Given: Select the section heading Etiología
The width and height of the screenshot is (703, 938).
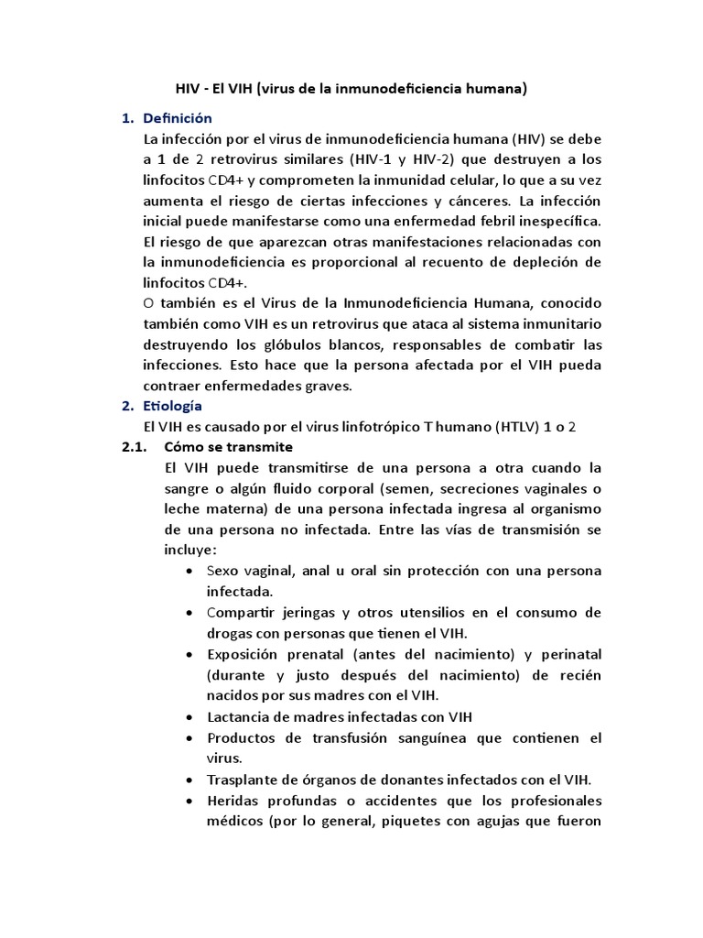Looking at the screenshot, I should coord(173,406).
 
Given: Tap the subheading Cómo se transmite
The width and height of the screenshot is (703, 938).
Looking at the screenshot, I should coord(228,447).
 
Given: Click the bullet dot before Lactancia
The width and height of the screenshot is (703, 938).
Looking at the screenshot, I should coord(189,717).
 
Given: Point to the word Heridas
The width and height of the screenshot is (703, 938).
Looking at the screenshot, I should coord(233,801).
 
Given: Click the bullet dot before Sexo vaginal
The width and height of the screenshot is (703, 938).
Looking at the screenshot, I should coord(189,571).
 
